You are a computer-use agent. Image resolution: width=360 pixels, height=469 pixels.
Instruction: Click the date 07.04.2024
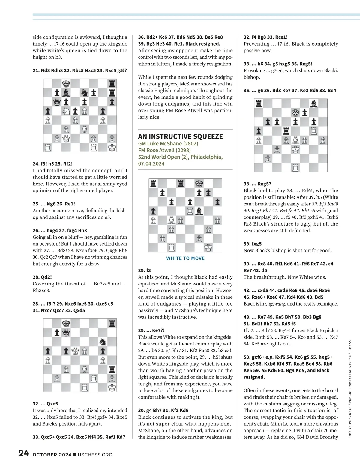point(151,163)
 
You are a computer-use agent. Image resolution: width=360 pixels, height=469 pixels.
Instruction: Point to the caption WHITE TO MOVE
point(185,258)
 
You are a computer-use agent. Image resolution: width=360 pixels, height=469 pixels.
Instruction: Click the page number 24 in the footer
point(23,453)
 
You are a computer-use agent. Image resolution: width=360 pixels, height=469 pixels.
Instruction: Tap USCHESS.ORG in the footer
point(95,455)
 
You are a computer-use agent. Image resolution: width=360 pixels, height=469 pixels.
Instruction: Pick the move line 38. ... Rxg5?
point(257,184)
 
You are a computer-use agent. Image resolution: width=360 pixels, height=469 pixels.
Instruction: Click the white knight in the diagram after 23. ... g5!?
point(66,111)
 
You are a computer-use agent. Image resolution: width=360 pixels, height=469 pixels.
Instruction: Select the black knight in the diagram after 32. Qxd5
point(103,341)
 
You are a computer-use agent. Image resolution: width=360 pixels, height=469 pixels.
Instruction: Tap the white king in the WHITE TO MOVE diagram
point(208,248)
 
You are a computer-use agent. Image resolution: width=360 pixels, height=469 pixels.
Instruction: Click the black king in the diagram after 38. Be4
point(295,113)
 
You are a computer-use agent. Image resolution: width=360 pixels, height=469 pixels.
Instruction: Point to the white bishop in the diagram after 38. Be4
point(295,140)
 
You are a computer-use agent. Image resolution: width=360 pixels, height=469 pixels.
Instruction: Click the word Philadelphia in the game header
point(206,157)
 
